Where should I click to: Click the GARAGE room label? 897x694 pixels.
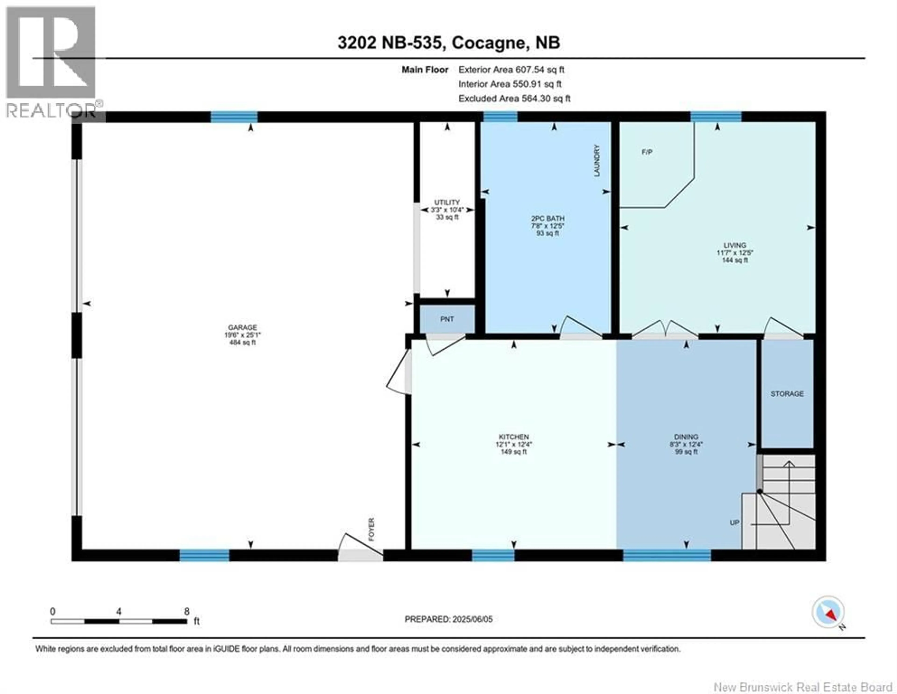(242, 327)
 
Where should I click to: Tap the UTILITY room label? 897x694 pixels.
(447, 202)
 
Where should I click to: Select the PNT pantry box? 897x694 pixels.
(447, 319)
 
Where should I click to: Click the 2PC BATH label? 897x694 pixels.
(548, 218)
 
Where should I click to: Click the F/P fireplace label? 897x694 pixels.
(647, 152)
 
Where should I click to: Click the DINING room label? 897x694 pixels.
(686, 437)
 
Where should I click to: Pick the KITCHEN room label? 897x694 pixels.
(513, 437)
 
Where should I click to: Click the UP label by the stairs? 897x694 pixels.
(734, 523)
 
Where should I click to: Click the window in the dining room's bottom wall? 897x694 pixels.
(667, 555)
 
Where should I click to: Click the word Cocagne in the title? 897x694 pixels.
(488, 43)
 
